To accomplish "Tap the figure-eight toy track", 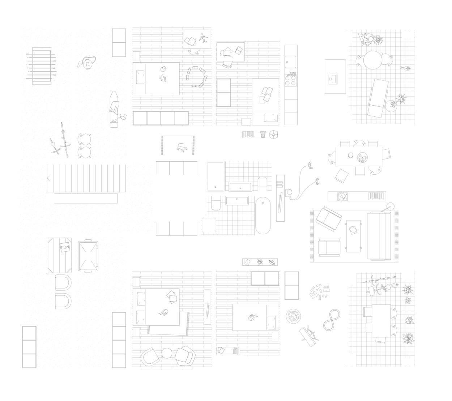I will pos(331,320).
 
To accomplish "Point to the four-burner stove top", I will pos(291,78).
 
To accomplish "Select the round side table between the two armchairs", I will pos(167,353).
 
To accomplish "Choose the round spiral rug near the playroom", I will pos(293,316).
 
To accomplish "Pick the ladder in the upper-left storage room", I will pos(42,66).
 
